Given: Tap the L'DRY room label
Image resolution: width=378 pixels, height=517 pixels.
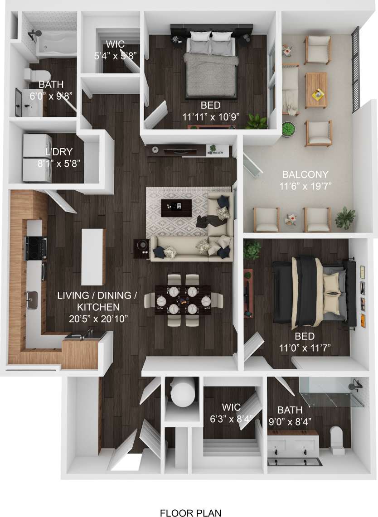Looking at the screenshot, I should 59,152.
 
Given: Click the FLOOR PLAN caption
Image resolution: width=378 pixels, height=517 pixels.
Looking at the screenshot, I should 190,513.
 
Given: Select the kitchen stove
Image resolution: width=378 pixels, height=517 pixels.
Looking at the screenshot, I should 36,247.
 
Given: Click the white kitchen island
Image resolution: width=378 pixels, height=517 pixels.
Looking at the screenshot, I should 92,256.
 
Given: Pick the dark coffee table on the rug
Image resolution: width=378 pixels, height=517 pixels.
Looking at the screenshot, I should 173,208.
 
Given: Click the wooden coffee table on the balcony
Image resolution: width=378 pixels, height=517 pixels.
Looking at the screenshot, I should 316,90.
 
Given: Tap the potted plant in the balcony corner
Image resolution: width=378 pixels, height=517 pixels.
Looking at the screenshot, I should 345,217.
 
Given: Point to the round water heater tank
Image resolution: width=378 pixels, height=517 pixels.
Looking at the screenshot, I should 182,393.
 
